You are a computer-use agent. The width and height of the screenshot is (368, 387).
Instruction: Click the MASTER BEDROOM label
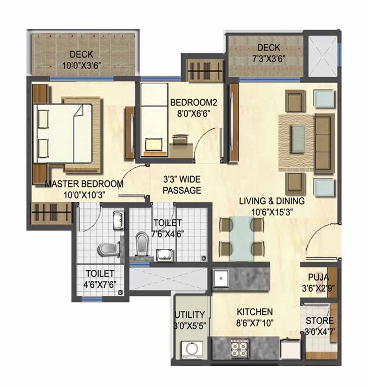point(84,184)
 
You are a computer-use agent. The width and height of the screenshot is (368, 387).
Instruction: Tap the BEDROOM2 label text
point(194,102)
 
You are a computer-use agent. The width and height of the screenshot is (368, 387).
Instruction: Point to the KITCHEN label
point(255,312)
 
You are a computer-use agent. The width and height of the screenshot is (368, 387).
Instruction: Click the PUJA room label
point(318,277)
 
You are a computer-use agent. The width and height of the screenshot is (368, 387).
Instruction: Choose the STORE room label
point(319,321)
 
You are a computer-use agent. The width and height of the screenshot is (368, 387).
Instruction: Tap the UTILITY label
point(190,315)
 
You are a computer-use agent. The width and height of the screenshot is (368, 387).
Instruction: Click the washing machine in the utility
point(192,349)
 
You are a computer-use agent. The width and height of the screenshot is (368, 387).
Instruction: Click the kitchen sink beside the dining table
point(221,278)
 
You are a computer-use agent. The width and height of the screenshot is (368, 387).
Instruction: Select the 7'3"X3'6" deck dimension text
point(269,59)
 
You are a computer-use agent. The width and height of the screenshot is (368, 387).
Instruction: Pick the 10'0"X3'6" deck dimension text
point(81,66)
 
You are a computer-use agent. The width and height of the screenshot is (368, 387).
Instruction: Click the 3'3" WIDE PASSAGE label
point(182,185)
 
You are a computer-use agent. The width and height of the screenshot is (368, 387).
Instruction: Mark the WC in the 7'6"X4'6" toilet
point(141,244)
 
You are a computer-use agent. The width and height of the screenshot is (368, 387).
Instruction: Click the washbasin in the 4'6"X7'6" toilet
point(118,220)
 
